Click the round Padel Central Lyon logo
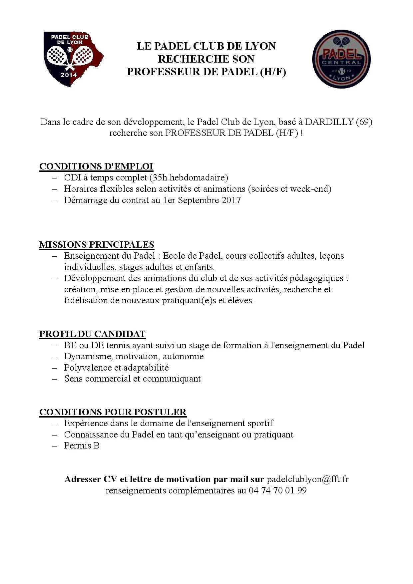341,59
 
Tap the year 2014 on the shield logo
69,75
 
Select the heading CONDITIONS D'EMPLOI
96,166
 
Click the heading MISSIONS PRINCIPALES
97,245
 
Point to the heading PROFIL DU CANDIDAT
93,334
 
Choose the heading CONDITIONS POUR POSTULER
113,412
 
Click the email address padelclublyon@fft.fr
308,479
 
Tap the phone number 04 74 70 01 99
277,490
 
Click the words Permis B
82,445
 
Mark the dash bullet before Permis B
55,446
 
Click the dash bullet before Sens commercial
55,379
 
